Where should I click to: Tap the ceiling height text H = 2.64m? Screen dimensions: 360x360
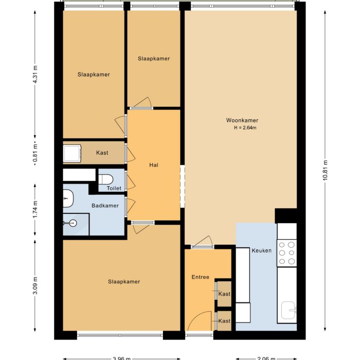245,128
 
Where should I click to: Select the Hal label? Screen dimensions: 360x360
153,165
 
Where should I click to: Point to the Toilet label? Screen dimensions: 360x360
114,188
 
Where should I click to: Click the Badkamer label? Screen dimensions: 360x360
105,206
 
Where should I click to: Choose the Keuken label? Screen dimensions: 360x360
261,251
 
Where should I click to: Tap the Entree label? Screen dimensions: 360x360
200,277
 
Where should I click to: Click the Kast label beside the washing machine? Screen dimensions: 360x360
102,153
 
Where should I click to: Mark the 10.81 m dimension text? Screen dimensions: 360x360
325,170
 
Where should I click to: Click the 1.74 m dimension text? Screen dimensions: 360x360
35,209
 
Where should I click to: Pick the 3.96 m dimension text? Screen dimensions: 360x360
121,358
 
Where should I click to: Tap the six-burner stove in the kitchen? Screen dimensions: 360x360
287,253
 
